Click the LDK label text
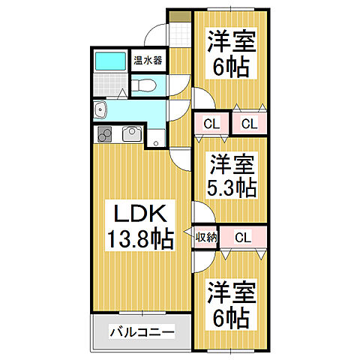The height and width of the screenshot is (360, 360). pos(139,214)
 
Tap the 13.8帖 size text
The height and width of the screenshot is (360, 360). pos(140,240)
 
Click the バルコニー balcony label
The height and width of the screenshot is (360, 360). pos(140,331)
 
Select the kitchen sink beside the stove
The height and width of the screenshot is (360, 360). pos(130,134)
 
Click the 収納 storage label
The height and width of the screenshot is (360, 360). pos(205,238)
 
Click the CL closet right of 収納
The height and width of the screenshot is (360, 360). pos(242,238)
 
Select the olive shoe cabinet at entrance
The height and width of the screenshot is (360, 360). pos(180,18)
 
